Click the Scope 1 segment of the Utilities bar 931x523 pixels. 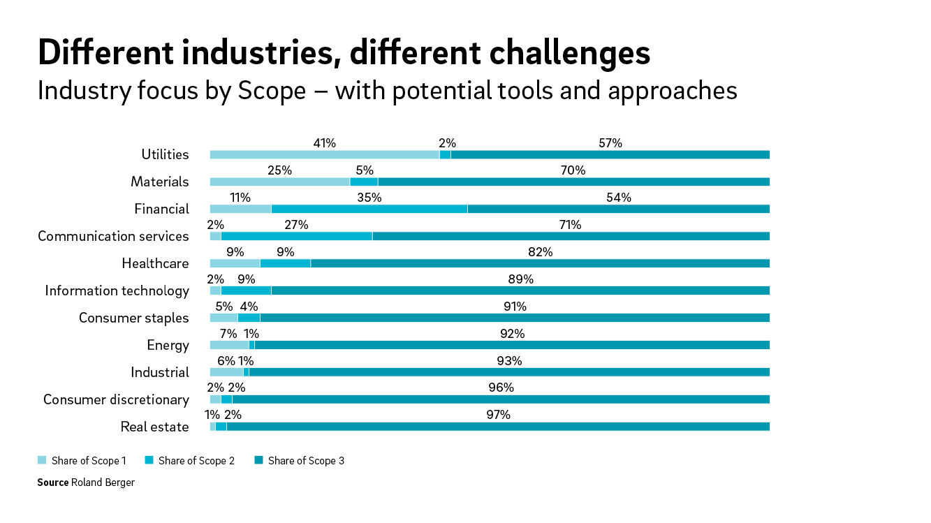pos(325,154)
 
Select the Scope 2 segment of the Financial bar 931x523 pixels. pos(369,209)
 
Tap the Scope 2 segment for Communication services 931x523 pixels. pos(297,237)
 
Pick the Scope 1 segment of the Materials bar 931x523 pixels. pos(279,182)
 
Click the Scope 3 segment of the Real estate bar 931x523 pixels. pos(499,427)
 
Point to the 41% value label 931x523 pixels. pos(325,143)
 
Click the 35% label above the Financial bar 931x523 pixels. pos(369,198)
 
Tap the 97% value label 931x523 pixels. pos(499,415)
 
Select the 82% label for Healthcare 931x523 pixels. pos(541,252)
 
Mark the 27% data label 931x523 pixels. pos(296,225)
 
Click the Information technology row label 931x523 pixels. pos(117,291)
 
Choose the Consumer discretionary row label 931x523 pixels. pos(116,399)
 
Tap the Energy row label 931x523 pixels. pos(168,346)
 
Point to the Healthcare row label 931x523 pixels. pos(155,264)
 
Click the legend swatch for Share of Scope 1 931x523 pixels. pos(42,460)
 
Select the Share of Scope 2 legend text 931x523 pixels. pos(196,461)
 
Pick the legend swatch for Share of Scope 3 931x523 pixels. pos(258,460)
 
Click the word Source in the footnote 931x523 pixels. pos(53,483)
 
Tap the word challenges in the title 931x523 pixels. pos(570,54)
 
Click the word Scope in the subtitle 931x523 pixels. pos(272,91)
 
